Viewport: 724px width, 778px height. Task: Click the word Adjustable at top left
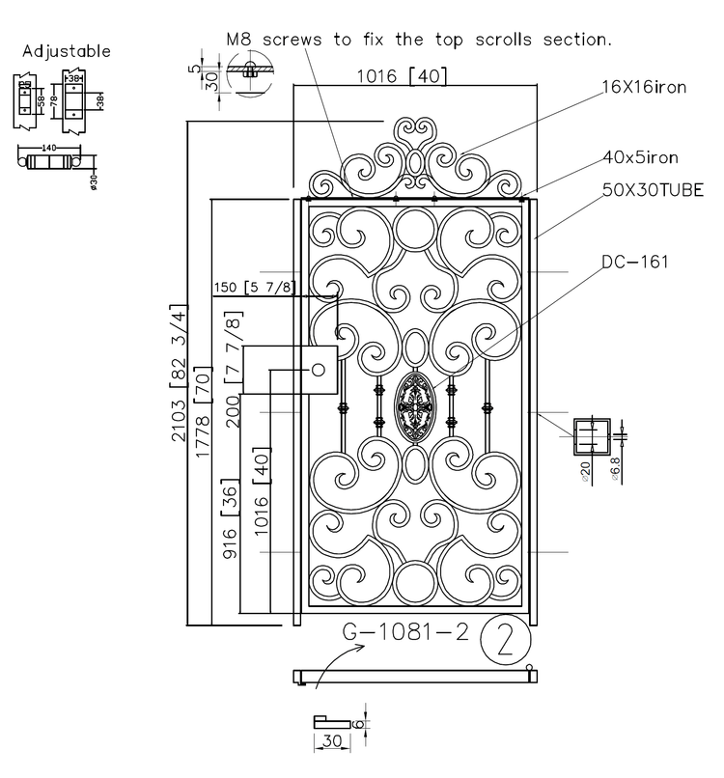point(66,50)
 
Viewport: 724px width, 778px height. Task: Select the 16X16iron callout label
point(645,88)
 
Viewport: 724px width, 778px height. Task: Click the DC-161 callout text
point(635,262)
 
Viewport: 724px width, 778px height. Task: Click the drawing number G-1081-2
point(405,633)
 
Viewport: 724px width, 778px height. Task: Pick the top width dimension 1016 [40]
point(401,75)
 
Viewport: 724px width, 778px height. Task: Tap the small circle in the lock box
point(317,370)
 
